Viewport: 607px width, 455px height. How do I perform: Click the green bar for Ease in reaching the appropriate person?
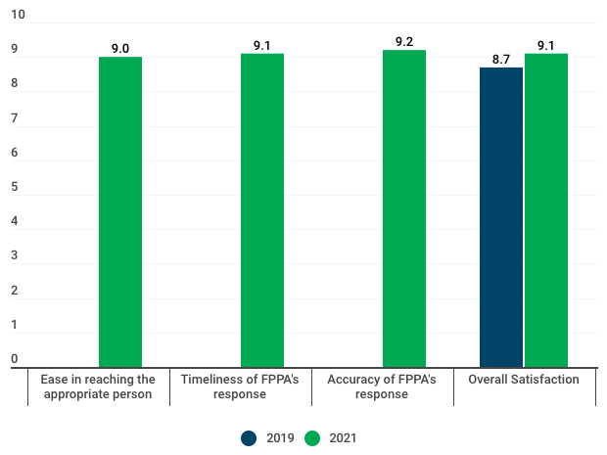tap(120, 211)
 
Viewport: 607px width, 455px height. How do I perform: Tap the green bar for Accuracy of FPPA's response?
tap(404, 208)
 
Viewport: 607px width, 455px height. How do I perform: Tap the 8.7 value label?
tap(501, 59)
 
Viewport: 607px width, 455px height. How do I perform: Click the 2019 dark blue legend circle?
tap(250, 438)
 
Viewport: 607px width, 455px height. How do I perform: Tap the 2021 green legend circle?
tap(313, 438)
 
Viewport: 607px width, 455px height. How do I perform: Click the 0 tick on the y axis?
tap(15, 359)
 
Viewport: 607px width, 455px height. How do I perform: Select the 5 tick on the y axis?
tap(15, 188)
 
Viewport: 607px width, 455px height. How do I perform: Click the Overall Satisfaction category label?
tap(524, 380)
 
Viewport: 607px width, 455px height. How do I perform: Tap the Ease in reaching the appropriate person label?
tap(97, 387)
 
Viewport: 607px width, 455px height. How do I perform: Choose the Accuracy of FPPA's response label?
tap(382, 387)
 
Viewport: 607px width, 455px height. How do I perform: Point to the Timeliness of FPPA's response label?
tap(240, 387)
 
